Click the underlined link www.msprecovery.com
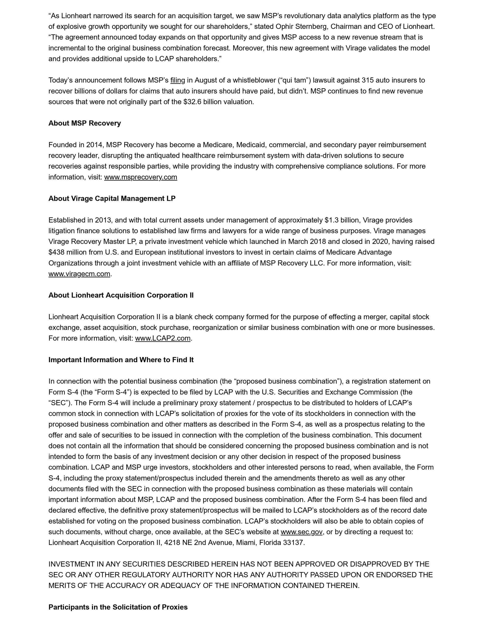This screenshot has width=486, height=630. [x=141, y=177]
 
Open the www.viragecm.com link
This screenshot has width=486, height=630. [x=79, y=274]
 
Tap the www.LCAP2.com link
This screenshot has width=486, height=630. [x=163, y=338]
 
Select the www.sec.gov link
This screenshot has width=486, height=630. [x=301, y=532]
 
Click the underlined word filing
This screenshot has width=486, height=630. [x=177, y=80]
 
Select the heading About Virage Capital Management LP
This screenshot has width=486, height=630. [x=112, y=198]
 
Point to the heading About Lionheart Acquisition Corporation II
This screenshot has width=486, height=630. [x=121, y=295]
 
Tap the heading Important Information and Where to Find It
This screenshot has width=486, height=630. [x=121, y=360]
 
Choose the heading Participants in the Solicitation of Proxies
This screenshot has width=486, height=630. [x=118, y=607]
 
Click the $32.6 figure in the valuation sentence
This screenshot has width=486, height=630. [x=192, y=102]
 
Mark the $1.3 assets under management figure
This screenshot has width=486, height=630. [x=332, y=220]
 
